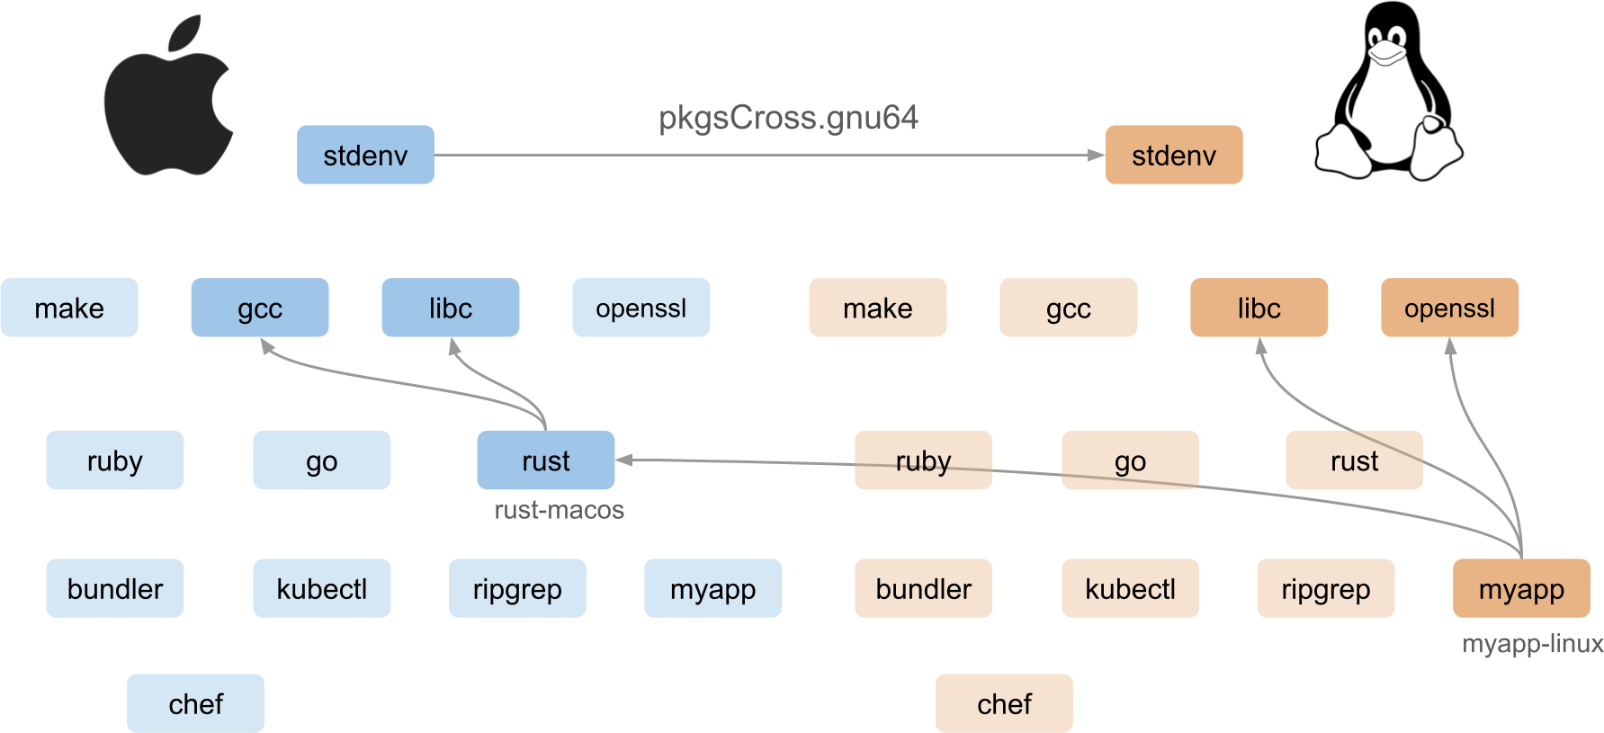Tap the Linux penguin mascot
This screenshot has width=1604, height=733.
coord(1388,92)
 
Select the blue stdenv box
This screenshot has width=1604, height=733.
coord(365,155)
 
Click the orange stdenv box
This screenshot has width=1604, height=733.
coord(1174,155)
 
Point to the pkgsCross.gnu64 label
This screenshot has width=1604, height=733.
coord(788,118)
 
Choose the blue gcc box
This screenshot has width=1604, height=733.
coord(260,308)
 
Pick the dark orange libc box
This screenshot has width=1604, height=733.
coord(1259,308)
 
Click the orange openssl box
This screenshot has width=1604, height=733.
coord(1449,308)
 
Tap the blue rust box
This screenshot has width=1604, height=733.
coord(546,460)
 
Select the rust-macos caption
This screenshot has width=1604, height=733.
coord(559,510)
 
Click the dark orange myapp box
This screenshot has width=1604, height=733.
coord(1521,588)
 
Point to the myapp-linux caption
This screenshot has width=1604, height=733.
coord(1532,644)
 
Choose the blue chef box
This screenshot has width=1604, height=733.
coord(195,703)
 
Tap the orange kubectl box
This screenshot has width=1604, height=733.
coord(1130,588)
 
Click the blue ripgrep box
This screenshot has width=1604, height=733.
coord(517,588)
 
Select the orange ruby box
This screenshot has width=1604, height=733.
coord(923,460)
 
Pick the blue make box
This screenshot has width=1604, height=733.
coord(69,308)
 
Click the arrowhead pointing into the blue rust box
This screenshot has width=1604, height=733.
coord(624,460)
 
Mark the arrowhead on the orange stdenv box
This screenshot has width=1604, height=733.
coord(1097,155)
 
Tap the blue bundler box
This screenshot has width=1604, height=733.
coord(114,588)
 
